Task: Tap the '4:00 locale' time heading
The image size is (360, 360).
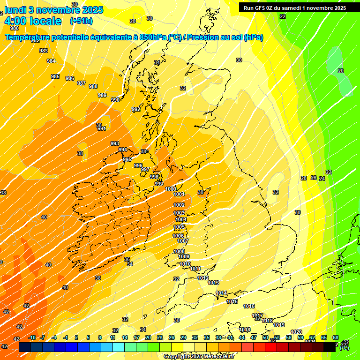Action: (x=32, y=21)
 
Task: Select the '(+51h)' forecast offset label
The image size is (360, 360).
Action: (x=81, y=21)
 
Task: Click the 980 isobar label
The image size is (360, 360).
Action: (x=15, y=28)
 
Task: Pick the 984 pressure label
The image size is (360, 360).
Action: (x=51, y=61)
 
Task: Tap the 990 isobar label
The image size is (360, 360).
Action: (x=115, y=100)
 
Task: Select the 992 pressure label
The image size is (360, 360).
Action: (x=136, y=109)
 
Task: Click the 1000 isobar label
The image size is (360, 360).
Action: (x=171, y=189)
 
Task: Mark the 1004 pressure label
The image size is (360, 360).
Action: (x=181, y=219)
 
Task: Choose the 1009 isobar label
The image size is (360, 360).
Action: (x=184, y=256)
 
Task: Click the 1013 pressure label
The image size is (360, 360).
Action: (x=214, y=283)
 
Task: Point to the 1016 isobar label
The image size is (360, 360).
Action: (x=249, y=306)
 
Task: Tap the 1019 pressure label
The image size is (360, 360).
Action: (x=279, y=325)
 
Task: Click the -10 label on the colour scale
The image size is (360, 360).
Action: (x=32, y=337)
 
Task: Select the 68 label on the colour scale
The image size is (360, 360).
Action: (x=336, y=337)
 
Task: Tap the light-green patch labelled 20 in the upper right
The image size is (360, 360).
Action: (x=341, y=70)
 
